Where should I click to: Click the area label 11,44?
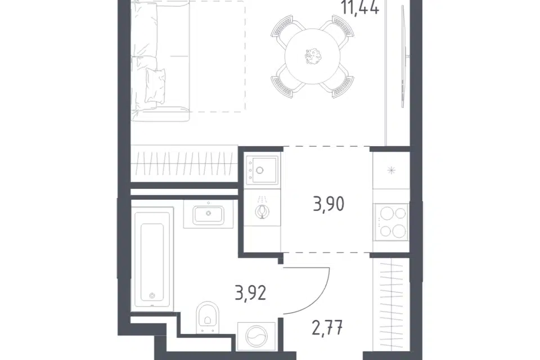(361, 7)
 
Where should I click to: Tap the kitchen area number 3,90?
(328, 204)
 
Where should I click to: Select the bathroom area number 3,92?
(250, 293)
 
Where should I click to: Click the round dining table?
(313, 56)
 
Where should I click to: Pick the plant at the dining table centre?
(313, 56)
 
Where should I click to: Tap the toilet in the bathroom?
(208, 317)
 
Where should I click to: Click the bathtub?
(152, 259)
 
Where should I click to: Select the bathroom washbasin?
(208, 214)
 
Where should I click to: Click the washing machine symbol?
(256, 336)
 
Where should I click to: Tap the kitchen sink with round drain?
(262, 169)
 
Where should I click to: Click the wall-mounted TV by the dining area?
(404, 57)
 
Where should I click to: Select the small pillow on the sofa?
(155, 85)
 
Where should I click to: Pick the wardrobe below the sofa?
(184, 164)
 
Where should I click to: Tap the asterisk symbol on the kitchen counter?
(391, 170)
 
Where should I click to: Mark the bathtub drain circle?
(152, 295)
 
